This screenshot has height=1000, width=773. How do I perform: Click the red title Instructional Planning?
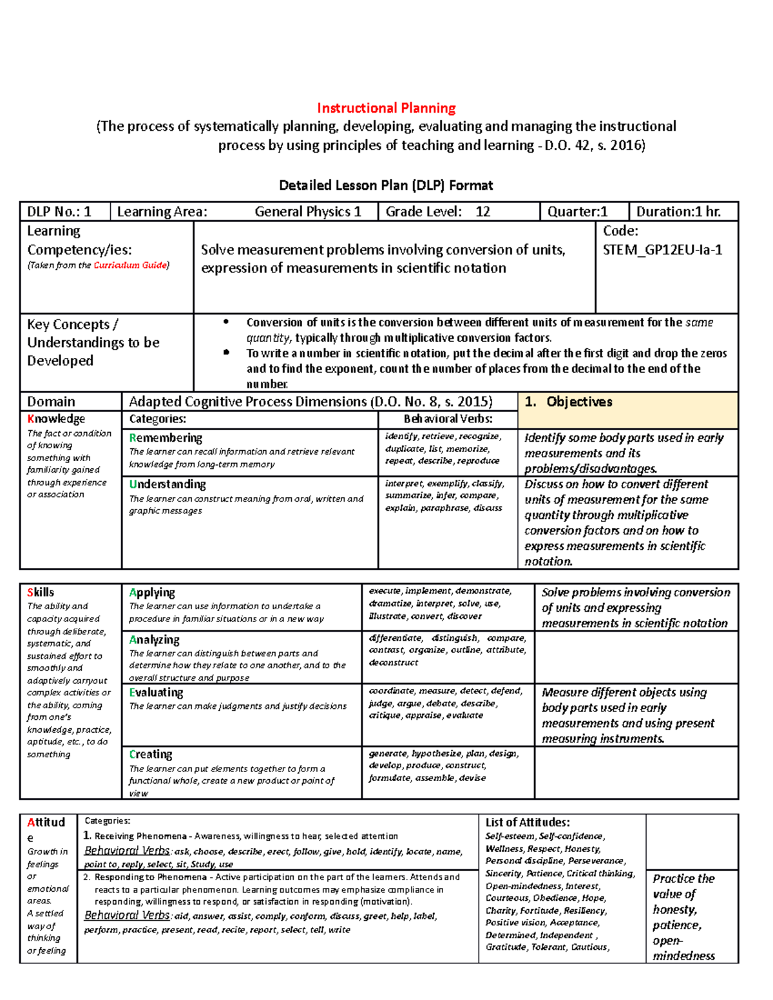(386, 108)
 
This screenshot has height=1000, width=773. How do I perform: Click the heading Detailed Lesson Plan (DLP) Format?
(386, 185)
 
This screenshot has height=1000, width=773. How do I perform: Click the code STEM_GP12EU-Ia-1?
(662, 250)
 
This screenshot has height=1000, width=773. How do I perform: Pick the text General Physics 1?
(308, 212)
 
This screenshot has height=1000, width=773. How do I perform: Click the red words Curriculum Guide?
(130, 265)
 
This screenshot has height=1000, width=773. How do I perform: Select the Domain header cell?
(51, 402)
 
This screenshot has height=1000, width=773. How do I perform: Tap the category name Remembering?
(166, 438)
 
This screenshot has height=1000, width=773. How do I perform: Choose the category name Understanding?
(167, 484)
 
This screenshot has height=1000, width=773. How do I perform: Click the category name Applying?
(152, 592)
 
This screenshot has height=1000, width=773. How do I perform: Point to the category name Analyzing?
(154, 639)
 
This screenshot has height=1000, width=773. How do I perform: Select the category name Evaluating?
(156, 692)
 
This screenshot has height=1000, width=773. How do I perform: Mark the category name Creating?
(151, 754)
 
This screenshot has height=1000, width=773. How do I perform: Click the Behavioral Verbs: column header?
(448, 419)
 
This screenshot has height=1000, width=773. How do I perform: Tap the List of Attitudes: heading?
(528, 822)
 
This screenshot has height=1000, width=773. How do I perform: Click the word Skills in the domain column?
(41, 592)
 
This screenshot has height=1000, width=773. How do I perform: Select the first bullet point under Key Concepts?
(225, 323)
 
